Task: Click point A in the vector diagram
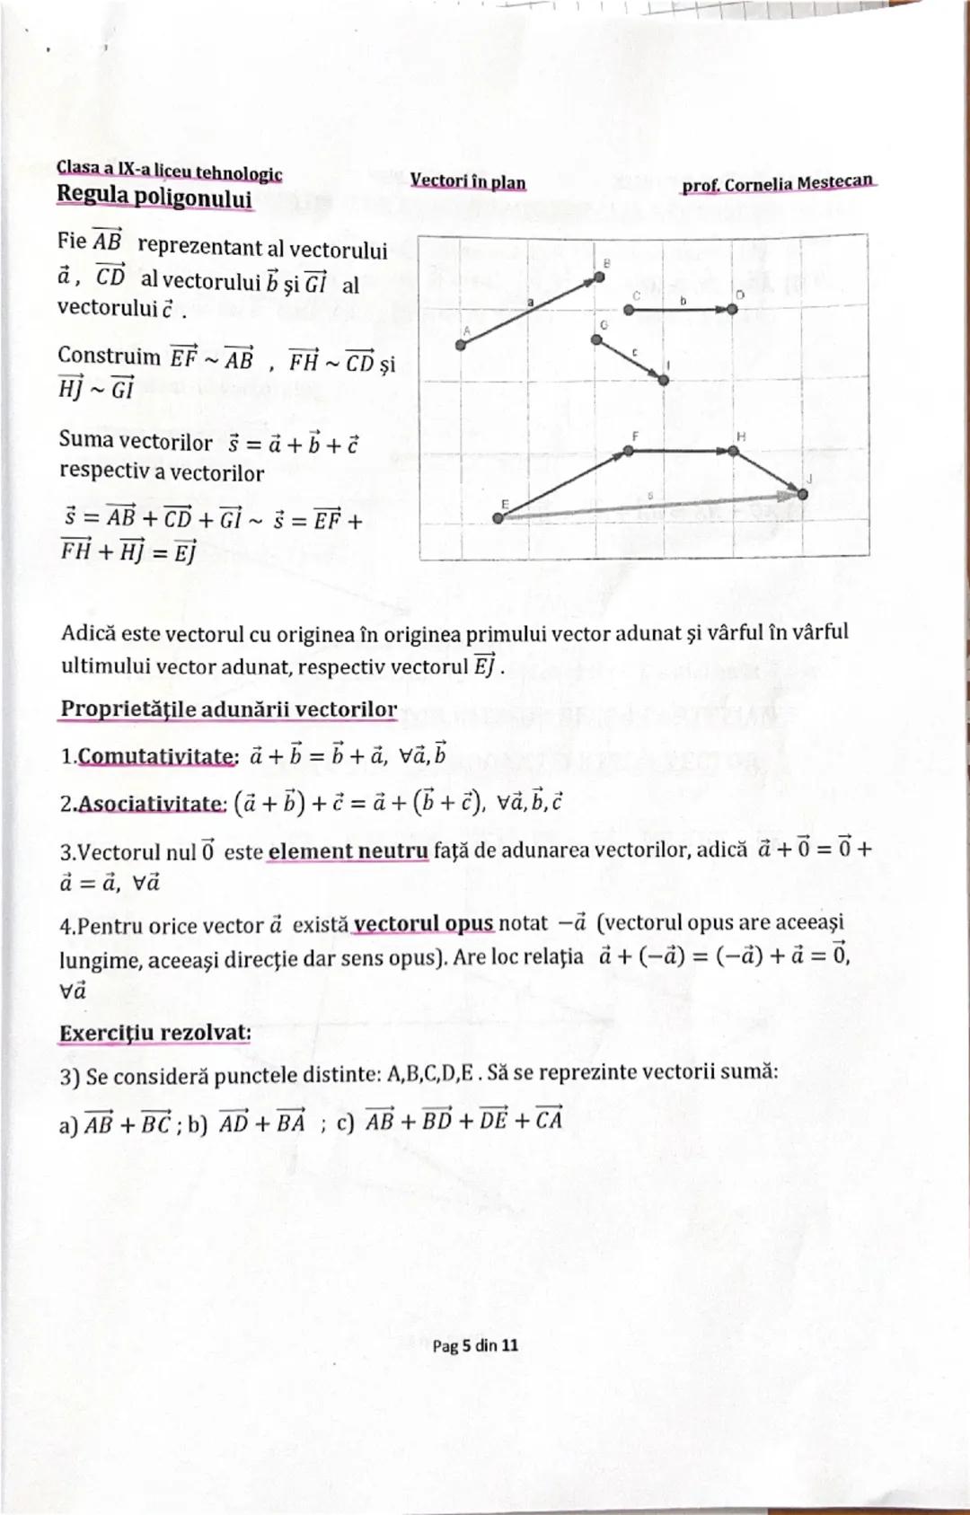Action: (461, 345)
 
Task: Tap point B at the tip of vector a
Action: (599, 278)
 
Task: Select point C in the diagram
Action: (629, 309)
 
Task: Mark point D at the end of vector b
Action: (732, 309)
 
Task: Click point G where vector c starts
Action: (596, 339)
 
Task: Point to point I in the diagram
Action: (664, 380)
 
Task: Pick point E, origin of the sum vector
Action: (498, 517)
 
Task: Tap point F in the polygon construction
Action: (629, 451)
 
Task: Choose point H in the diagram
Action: (734, 451)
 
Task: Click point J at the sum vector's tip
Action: (802, 493)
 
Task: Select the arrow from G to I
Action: (630, 359)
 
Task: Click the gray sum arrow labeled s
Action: (651, 505)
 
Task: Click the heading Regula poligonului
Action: (154, 195)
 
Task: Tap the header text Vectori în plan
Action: (468, 181)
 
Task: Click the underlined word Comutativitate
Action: (158, 757)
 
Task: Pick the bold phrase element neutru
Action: (348, 850)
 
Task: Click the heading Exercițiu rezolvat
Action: (154, 1033)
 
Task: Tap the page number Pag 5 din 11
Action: (475, 1345)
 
